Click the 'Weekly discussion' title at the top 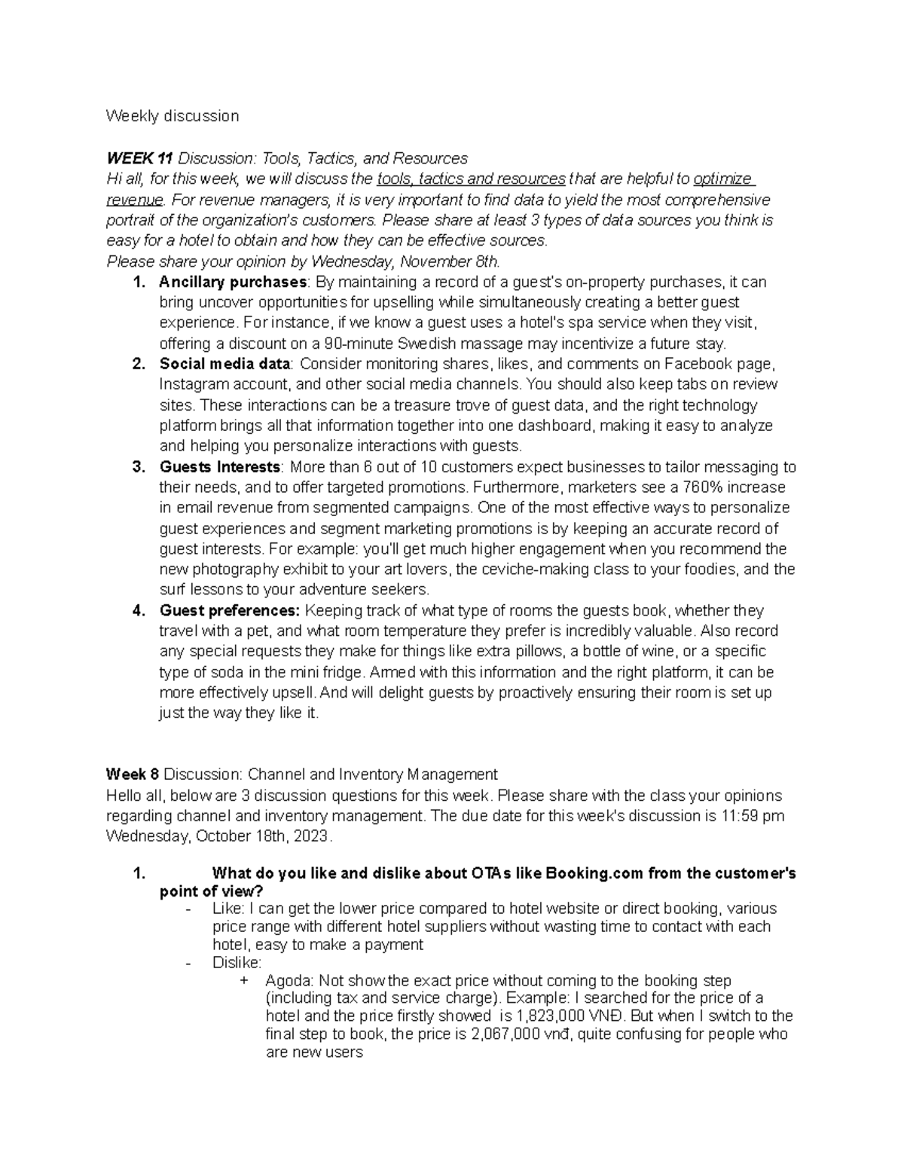tap(173, 116)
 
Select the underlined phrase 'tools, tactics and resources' tap(471, 179)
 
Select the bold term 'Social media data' tap(224, 364)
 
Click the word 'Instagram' tap(193, 384)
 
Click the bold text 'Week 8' tap(133, 774)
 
